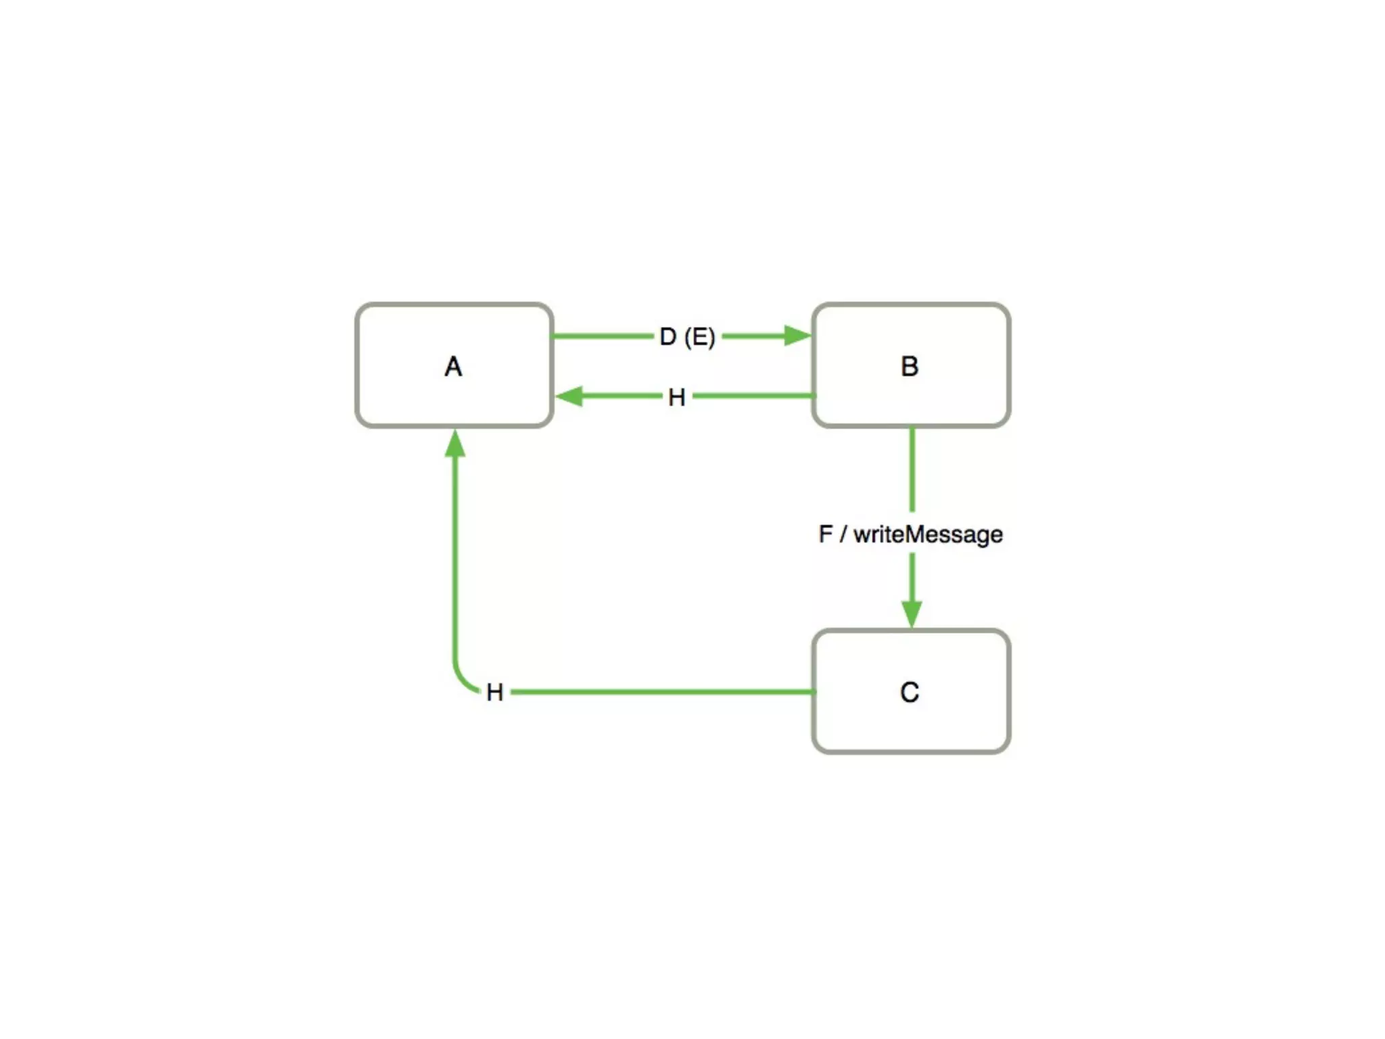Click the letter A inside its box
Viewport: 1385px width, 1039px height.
(x=453, y=367)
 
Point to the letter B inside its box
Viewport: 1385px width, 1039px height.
(x=910, y=367)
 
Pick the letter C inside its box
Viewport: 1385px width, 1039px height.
(x=910, y=692)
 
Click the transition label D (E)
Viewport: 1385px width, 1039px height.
(x=687, y=336)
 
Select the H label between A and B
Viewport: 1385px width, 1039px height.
(x=676, y=397)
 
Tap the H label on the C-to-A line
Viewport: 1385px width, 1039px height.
(x=494, y=692)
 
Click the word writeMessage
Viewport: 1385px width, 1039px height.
(x=928, y=534)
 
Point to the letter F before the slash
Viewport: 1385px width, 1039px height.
(x=825, y=534)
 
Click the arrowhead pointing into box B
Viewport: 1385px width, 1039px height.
(x=797, y=336)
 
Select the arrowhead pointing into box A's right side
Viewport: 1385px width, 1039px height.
(x=569, y=396)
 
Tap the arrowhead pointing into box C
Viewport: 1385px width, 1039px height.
(x=912, y=613)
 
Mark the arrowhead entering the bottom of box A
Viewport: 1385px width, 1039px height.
(x=455, y=444)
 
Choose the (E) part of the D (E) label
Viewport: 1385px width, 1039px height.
(x=699, y=336)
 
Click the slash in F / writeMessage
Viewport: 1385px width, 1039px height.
(x=843, y=534)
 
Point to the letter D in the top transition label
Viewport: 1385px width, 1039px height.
(x=667, y=336)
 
